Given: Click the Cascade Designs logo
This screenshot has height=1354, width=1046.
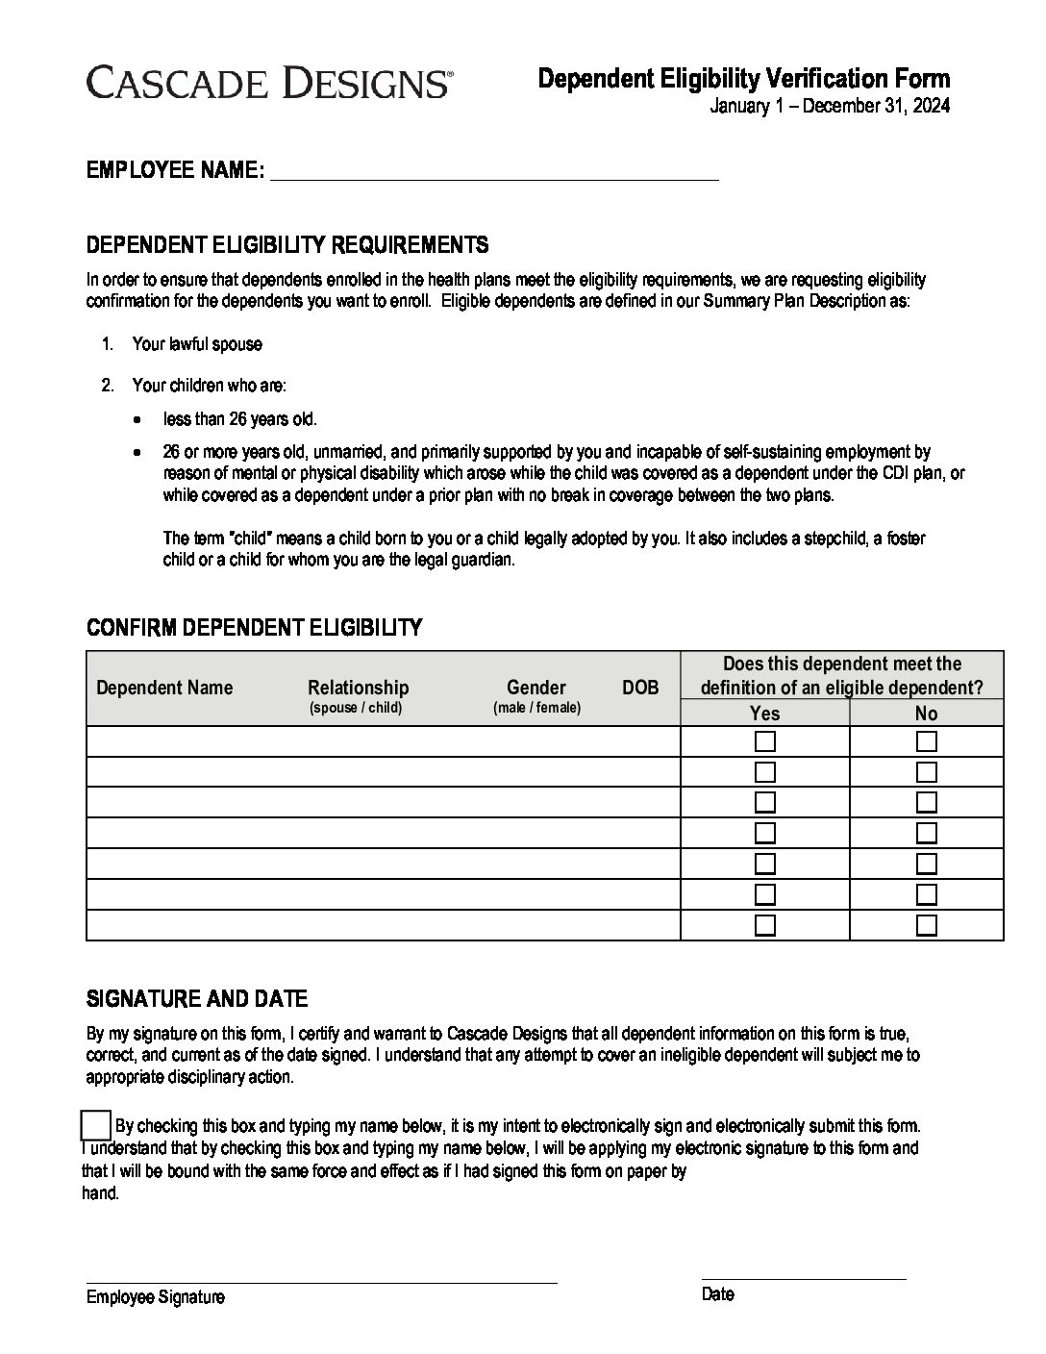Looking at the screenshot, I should coord(268,82).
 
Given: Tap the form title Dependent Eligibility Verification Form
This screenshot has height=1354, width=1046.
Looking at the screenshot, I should coord(743,78).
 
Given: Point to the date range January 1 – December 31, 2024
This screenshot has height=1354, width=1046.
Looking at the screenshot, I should coord(830,106).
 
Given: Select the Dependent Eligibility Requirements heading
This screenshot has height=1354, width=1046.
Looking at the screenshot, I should coord(287,244).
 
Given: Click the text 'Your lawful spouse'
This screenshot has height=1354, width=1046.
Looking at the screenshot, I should coord(197,344).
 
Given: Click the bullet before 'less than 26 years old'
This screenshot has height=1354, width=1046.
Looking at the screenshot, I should coord(140,420).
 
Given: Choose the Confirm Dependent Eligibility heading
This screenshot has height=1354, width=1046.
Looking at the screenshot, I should coord(254,628).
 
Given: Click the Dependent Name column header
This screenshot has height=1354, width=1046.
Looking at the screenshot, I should coord(164,688).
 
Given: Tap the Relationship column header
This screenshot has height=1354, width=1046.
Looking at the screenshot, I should coord(358,688).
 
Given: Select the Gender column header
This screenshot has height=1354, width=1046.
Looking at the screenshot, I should coord(536,688).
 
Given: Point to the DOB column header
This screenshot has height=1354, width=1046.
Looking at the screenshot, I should coord(640,688).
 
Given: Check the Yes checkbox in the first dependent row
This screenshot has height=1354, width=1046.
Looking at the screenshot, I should coord(765,741).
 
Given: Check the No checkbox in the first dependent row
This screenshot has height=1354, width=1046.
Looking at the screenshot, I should coord(927,741).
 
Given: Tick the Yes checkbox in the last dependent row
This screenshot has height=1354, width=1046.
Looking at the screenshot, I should coord(765,925).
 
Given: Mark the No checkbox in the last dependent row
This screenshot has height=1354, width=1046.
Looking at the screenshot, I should coord(927,925).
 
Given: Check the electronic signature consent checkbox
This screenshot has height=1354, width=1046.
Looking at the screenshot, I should coord(96,1125).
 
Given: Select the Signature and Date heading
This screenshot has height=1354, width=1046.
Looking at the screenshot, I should coord(197,999).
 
